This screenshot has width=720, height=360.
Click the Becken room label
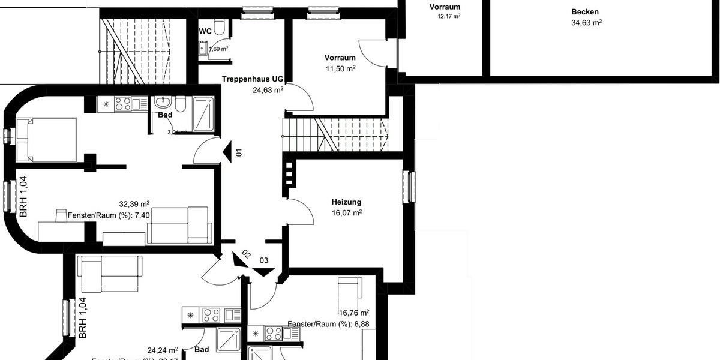[584, 12]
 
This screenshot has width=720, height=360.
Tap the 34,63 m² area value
[586, 23]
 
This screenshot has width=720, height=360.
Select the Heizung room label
[346, 202]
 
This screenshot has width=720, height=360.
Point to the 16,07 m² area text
[346, 213]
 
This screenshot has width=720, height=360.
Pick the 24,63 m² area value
[268, 91]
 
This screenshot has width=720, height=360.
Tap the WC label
[205, 30]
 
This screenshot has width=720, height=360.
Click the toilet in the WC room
[219, 26]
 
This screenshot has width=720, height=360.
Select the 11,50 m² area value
[340, 69]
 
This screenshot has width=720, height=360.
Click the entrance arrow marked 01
[227, 151]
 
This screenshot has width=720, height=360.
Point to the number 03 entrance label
[263, 260]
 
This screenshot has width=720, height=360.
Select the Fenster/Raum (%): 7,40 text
[109, 215]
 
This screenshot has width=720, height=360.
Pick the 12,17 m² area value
[449, 16]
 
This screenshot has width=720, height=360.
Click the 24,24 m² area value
[163, 350]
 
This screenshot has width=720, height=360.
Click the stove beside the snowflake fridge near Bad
[122, 104]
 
